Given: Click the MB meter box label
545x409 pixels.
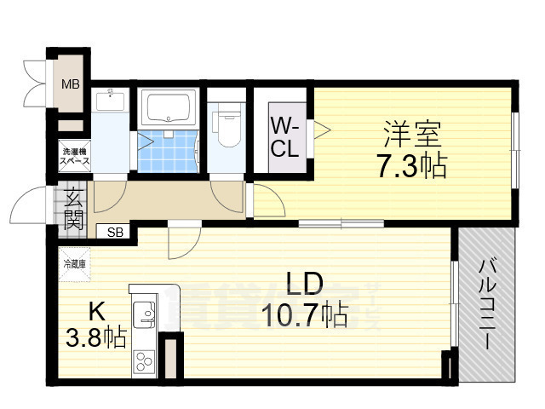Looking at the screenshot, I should click(71, 84).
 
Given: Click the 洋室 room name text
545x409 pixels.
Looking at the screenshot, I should click(412, 134).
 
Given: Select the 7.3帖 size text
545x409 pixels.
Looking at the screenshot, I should click(411, 165).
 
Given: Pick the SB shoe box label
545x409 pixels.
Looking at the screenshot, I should click(114, 231).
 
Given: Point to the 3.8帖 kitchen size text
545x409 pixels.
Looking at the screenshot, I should click(96, 338).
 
